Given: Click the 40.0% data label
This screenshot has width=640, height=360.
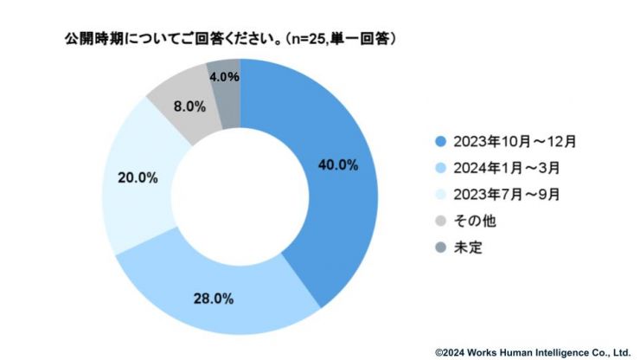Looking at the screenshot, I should point(337,166).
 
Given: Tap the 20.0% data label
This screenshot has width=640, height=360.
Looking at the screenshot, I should point(137,178).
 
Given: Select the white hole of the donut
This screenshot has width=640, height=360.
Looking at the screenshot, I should point(240,196).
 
